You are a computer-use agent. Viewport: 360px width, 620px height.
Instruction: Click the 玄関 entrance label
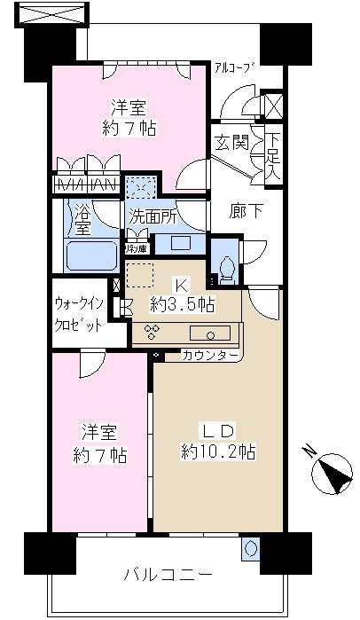(x=228, y=143)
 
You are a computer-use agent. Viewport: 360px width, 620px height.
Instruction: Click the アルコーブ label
(x=234, y=67)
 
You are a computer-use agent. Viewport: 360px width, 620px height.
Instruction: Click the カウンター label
(x=210, y=355)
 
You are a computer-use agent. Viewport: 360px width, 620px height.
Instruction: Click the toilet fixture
(x=225, y=268)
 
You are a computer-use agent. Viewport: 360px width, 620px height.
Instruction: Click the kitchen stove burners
(x=151, y=333)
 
